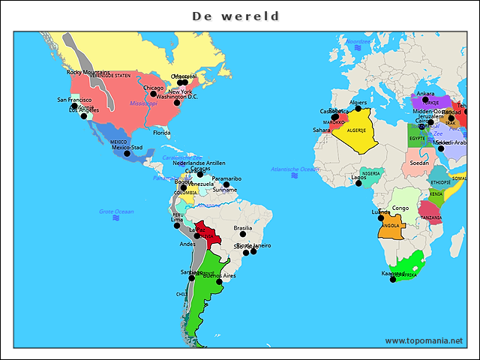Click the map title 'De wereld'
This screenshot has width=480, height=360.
(x=235, y=16)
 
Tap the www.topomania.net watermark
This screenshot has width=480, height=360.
(x=424, y=340)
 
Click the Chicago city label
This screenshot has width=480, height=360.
(x=153, y=88)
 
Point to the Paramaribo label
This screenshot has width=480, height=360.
(x=226, y=178)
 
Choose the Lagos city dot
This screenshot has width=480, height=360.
(x=358, y=184)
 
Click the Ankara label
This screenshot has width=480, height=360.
(x=425, y=94)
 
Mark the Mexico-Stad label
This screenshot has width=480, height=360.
(x=127, y=147)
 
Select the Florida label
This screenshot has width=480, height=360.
(x=162, y=133)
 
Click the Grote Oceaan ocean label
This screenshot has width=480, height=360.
(x=116, y=211)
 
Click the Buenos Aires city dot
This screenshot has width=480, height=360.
(x=219, y=282)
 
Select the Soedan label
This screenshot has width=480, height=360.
(x=419, y=163)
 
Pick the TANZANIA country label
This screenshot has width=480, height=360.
(x=430, y=217)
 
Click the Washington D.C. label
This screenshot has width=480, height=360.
(x=177, y=96)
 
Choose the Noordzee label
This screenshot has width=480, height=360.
(x=358, y=41)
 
